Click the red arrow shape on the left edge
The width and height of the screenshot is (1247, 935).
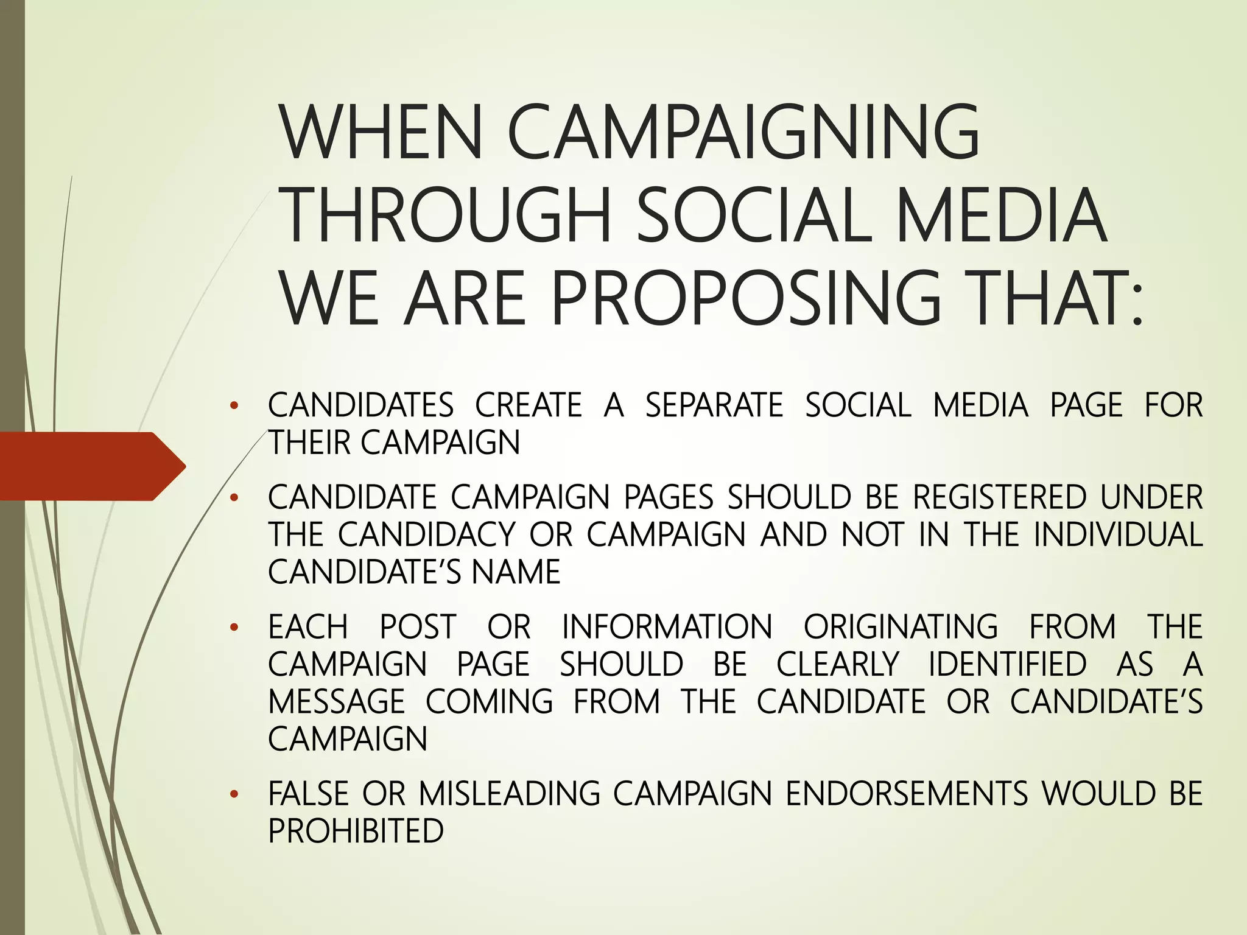click(x=91, y=466)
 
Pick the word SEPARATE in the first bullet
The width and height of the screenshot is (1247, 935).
click(x=714, y=405)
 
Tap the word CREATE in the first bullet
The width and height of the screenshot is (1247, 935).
click(x=529, y=405)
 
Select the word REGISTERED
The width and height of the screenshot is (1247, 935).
click(x=999, y=497)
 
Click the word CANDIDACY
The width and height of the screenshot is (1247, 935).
click(x=427, y=534)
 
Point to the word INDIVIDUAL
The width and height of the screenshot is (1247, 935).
click(x=1118, y=534)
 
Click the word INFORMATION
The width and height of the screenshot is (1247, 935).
click(x=667, y=627)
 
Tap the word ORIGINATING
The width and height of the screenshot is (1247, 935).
click(x=901, y=627)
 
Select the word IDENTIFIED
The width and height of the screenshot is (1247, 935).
click(x=1008, y=664)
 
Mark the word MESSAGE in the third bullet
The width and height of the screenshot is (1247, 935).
click(x=336, y=701)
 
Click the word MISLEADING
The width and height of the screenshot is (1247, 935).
click(x=510, y=794)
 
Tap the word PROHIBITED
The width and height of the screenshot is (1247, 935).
click(x=356, y=831)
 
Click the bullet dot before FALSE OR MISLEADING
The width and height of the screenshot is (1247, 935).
click(x=233, y=794)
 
